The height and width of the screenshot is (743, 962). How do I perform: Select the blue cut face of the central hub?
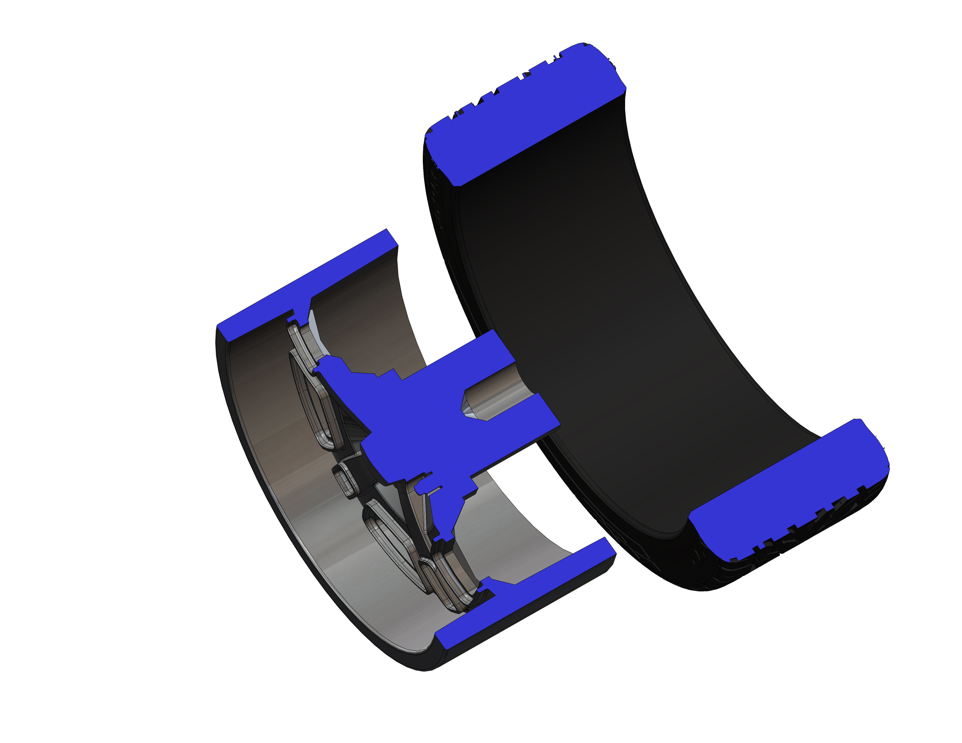click(x=423, y=423)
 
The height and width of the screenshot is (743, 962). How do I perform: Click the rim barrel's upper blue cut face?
click(x=304, y=286)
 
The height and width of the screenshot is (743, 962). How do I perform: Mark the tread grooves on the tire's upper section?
click(x=507, y=88)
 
